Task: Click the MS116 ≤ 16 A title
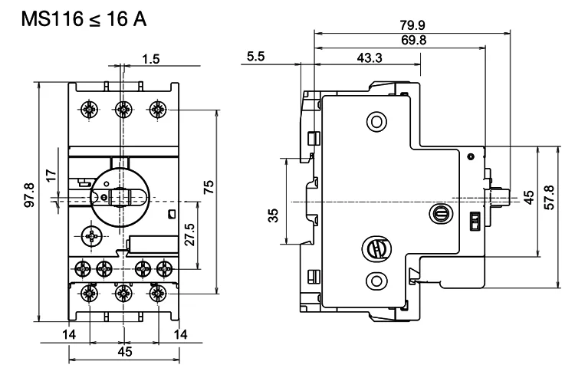point(84,19)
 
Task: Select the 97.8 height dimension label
point(29,195)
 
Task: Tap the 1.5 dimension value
point(151,58)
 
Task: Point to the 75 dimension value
point(209,187)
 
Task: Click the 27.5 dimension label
point(190,235)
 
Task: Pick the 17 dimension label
point(51,175)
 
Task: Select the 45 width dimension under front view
point(125,352)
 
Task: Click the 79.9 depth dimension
point(412,25)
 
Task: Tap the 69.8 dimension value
point(414,40)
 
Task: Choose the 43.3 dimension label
point(370,58)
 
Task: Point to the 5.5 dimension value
point(255,57)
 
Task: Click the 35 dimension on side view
point(273,215)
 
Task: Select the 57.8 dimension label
point(549,198)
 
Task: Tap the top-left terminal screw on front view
point(89,109)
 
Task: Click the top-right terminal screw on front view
point(158,109)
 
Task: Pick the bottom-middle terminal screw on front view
point(123,293)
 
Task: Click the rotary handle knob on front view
point(120,198)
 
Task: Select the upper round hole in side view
point(376,121)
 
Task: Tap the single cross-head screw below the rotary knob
point(91,236)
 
